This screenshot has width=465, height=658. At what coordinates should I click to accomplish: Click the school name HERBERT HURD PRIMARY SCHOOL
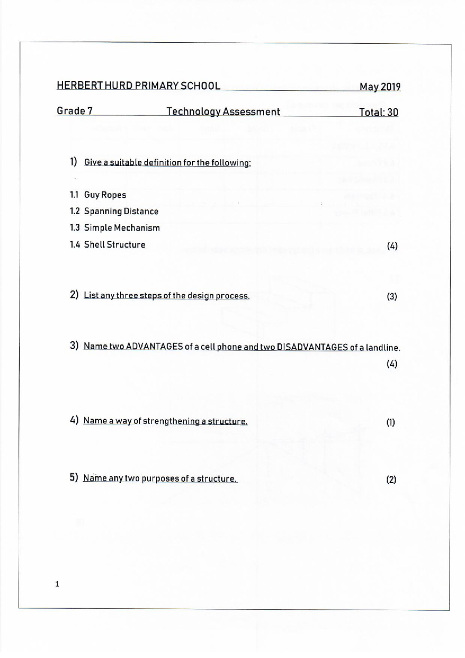tap(138, 86)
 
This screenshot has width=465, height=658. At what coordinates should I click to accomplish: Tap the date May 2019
tap(380, 87)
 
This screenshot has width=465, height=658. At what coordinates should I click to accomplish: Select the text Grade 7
tap(75, 111)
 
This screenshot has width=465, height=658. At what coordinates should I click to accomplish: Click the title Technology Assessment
tap(223, 112)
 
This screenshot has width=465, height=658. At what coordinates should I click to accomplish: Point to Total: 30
tap(378, 113)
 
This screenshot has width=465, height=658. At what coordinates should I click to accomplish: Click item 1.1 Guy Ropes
tap(98, 195)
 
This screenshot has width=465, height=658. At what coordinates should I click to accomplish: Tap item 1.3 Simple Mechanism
tap(115, 228)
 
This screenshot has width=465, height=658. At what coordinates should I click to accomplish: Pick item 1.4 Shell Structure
tap(108, 245)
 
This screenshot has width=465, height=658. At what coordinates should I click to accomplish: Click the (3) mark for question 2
tap(392, 297)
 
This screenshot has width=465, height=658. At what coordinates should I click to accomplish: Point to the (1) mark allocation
tap(391, 422)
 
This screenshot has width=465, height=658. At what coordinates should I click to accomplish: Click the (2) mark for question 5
tap(391, 480)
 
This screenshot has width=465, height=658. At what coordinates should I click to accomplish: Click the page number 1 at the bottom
tap(57, 584)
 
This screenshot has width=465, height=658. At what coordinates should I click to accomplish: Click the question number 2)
tap(74, 295)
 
